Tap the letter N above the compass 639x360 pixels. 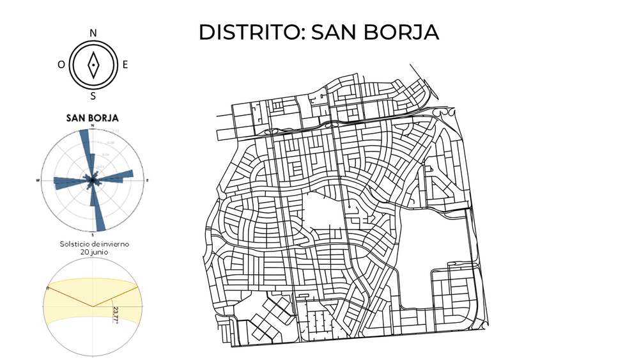pos(93,33)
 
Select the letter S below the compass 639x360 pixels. pos(93,96)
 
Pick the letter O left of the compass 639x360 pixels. pos(61,65)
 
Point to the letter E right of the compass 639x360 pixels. pos(125,64)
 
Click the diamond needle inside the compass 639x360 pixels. pos(93,64)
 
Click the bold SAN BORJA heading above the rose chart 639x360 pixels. pos(93,118)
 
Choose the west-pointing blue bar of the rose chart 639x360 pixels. pos(67,184)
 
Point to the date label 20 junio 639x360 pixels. pos(93,252)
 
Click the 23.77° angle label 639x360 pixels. pos(116,314)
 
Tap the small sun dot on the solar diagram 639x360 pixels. pos(49,288)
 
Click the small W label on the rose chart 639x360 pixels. pos(40,182)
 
